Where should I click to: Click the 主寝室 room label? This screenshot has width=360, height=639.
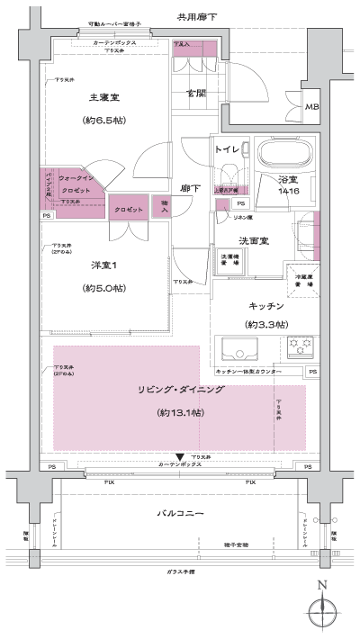(106, 97)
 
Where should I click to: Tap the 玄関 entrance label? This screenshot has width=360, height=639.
(195, 93)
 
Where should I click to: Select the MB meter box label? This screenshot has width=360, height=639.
(311, 108)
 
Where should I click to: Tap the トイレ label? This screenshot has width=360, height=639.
(226, 150)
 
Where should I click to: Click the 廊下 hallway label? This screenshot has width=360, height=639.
(189, 188)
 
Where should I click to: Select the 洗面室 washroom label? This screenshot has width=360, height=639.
(255, 241)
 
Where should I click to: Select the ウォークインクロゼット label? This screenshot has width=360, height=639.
(76, 185)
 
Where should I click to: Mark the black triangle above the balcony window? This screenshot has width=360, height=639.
(180, 457)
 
